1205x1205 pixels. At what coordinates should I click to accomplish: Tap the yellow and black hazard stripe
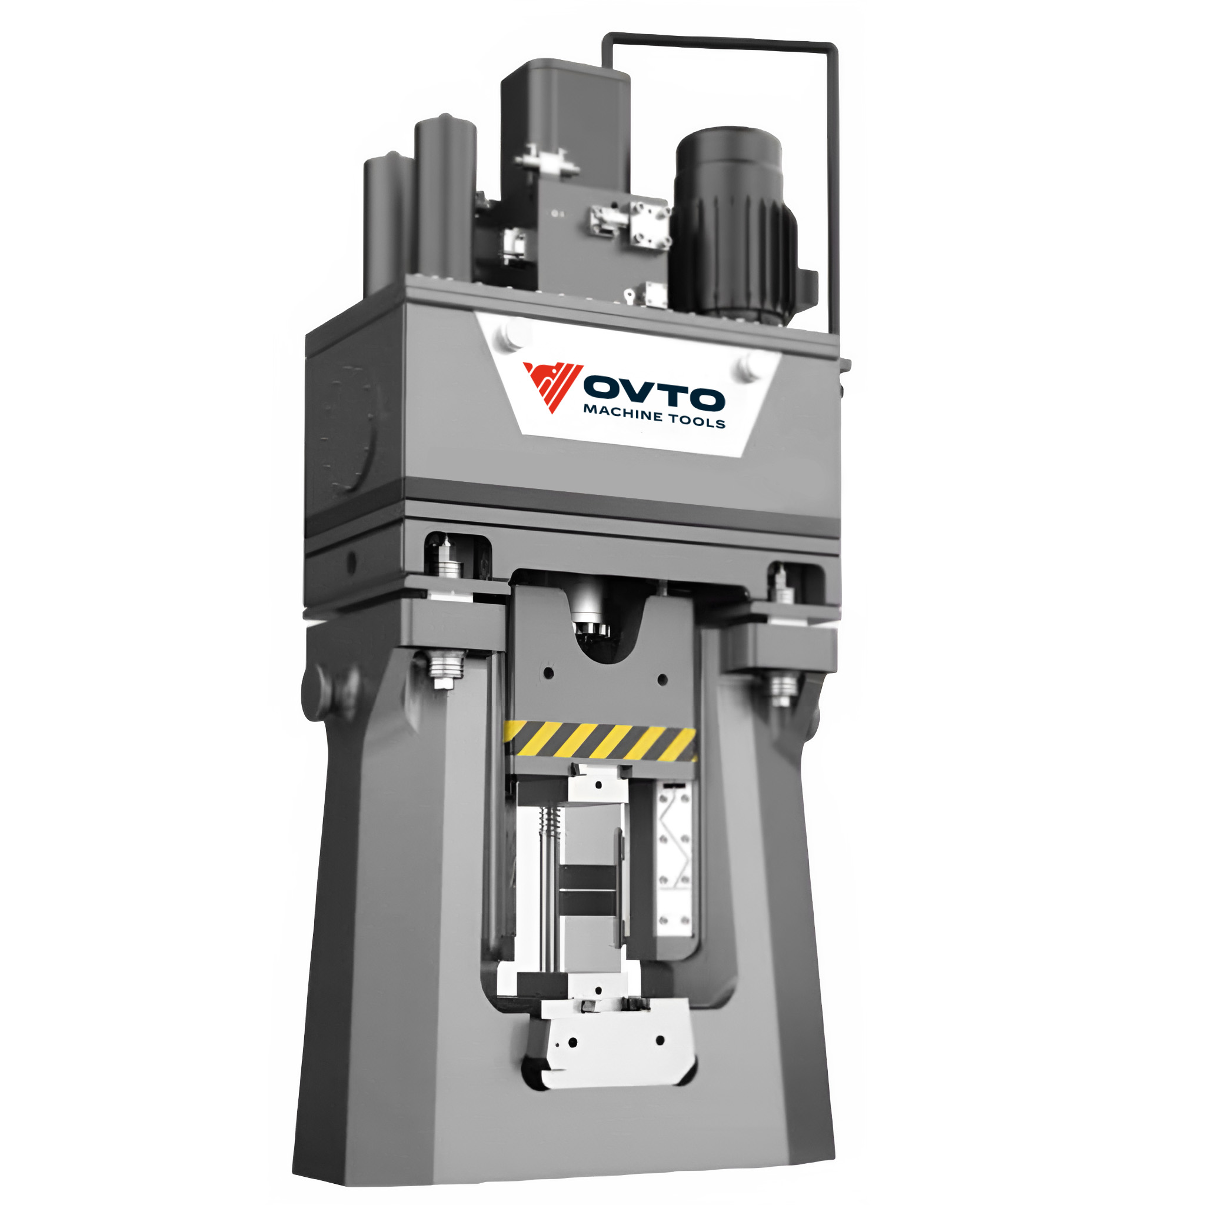[600, 741]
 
